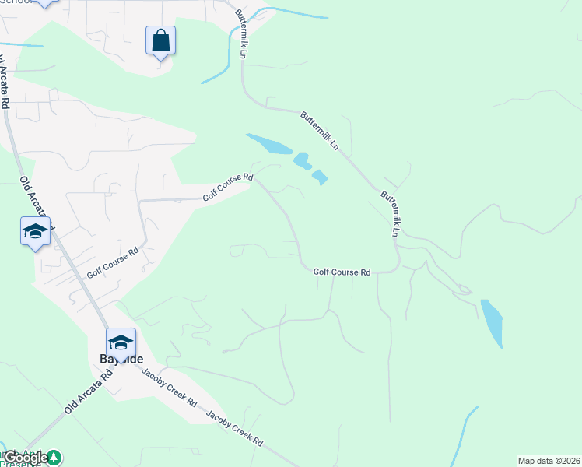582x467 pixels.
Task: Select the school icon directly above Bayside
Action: coord(121,343)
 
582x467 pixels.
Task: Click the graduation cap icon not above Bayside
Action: coord(35,231)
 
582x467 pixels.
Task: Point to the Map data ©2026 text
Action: coord(549,461)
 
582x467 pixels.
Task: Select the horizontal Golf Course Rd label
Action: coord(342,272)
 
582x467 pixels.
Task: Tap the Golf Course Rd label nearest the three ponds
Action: coord(228,188)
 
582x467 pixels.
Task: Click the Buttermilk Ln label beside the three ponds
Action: coord(320,130)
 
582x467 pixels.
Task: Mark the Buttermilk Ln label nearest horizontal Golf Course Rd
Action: coord(390,212)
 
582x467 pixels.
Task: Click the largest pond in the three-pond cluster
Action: coord(269,144)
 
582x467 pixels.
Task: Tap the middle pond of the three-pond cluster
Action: coord(302,161)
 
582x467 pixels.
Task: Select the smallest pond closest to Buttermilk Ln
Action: coord(319,177)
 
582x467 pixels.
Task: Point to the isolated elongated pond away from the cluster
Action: coord(492,322)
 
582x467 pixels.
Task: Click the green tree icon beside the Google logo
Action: coord(54,458)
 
